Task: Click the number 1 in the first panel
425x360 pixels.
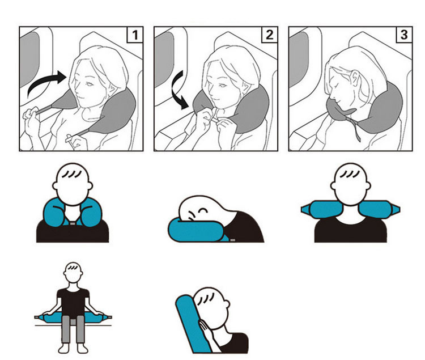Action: [x=135, y=35]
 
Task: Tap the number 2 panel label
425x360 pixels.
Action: [x=269, y=35]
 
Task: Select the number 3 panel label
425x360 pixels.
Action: [x=404, y=35]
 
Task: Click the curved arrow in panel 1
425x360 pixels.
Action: [x=45, y=81]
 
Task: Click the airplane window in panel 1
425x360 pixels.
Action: [x=29, y=58]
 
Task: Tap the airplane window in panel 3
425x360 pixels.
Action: [x=299, y=58]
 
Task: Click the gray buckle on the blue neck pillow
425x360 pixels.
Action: [x=73, y=223]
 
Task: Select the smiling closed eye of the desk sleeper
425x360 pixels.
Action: [x=203, y=210]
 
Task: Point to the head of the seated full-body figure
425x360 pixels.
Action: [x=73, y=272]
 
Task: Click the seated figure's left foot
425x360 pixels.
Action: [x=63, y=348]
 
